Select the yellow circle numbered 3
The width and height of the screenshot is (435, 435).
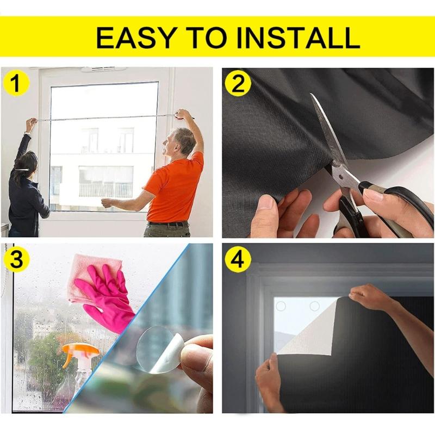coord(17,260)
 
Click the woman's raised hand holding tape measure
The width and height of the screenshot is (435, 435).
coord(32,125)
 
